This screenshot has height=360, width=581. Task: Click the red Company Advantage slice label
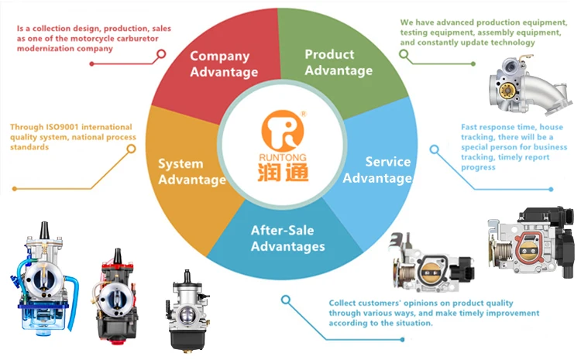[x=224, y=63]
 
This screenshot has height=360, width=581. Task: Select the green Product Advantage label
[x=339, y=62]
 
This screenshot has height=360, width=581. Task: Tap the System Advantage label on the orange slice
[x=192, y=171]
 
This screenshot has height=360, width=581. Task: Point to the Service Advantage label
[x=377, y=170]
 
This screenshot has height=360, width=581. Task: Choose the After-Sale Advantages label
[x=288, y=238]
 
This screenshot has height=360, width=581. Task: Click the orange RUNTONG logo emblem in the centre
[x=283, y=131]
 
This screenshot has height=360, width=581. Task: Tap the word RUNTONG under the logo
[x=283, y=158]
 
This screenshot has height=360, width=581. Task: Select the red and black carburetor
[x=115, y=297]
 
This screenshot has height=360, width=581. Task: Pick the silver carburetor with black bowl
[x=187, y=310]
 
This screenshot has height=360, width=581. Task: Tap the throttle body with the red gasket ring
[x=531, y=242]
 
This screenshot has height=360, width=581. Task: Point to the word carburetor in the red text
[x=137, y=39]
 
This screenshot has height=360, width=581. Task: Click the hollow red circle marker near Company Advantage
[x=161, y=54]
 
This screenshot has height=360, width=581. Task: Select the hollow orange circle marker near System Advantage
[x=131, y=149]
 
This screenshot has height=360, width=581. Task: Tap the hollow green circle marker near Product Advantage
[x=404, y=54]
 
